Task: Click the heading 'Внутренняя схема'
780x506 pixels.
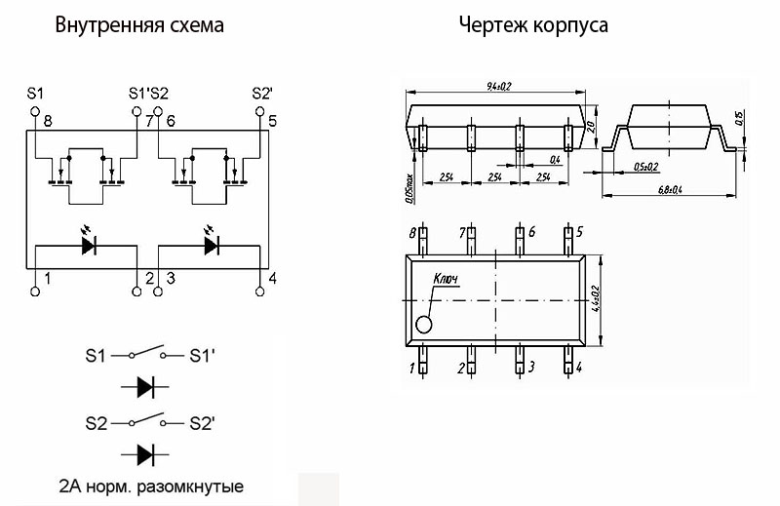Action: point(139,25)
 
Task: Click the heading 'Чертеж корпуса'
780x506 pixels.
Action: point(533,25)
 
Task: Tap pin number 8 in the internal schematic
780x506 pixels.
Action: point(47,121)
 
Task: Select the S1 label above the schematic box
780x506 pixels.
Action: point(36,93)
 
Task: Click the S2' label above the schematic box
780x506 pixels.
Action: point(261,93)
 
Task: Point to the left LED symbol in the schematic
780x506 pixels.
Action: point(89,244)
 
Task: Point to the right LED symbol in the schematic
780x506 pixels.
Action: point(211,244)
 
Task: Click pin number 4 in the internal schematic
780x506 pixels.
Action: point(272,279)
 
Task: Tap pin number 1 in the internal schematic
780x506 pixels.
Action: point(47,279)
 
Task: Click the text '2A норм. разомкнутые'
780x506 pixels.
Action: point(151,486)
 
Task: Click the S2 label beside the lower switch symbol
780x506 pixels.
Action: point(96,424)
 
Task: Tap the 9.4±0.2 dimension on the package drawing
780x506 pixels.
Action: point(499,86)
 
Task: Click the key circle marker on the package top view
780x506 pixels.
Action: point(424,325)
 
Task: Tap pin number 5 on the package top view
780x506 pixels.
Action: point(579,232)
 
